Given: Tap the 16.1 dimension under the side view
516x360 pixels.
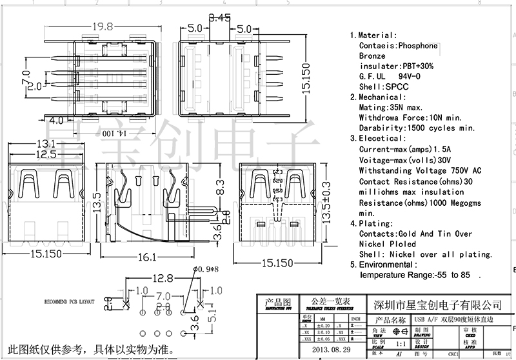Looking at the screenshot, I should (x=148, y=257).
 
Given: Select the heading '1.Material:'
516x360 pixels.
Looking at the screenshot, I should (x=373, y=35).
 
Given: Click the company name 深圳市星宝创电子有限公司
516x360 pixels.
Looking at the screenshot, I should (x=439, y=305).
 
